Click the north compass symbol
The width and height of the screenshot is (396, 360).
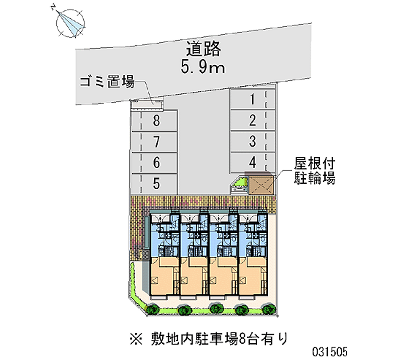(70, 23)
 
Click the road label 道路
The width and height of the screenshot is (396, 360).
(203, 49)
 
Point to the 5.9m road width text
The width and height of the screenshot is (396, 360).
(202, 67)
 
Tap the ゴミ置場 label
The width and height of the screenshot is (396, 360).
(107, 82)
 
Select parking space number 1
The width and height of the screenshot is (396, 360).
(252, 99)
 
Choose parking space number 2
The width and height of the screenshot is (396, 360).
(252, 120)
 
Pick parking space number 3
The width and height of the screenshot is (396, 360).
(252, 141)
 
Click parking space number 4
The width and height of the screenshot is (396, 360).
(253, 162)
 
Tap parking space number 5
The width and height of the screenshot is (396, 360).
(156, 184)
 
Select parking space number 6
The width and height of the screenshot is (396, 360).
(156, 163)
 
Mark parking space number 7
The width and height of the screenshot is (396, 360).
(156, 142)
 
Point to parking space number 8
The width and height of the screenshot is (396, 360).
(156, 121)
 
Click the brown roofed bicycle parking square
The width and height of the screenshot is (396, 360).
(261, 185)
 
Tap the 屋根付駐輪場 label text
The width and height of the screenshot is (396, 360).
(314, 170)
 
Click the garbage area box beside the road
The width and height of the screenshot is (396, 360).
(147, 105)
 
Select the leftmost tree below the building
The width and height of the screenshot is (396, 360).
(152, 309)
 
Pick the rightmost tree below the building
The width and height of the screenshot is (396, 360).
(269, 309)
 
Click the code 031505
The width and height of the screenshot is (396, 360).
(330, 352)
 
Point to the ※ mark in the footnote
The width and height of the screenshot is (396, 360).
(136, 339)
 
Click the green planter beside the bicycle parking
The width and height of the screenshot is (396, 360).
(239, 185)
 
